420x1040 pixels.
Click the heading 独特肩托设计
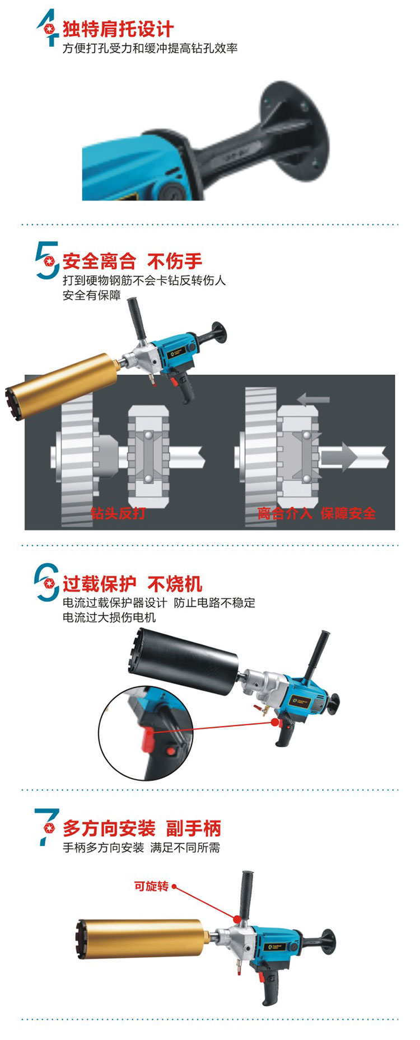(118, 29)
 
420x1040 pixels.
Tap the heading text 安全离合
(99, 261)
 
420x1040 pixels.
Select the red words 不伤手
(174, 261)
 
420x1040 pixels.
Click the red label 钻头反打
(118, 513)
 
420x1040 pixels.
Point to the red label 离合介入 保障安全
(316, 513)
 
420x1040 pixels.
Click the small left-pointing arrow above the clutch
(313, 399)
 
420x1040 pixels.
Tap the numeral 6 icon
(46, 582)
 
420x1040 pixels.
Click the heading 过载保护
(99, 584)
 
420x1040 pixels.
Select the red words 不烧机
(174, 584)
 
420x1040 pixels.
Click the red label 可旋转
(151, 886)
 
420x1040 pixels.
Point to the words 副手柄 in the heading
(193, 828)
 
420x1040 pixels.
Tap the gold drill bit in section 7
(142, 938)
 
